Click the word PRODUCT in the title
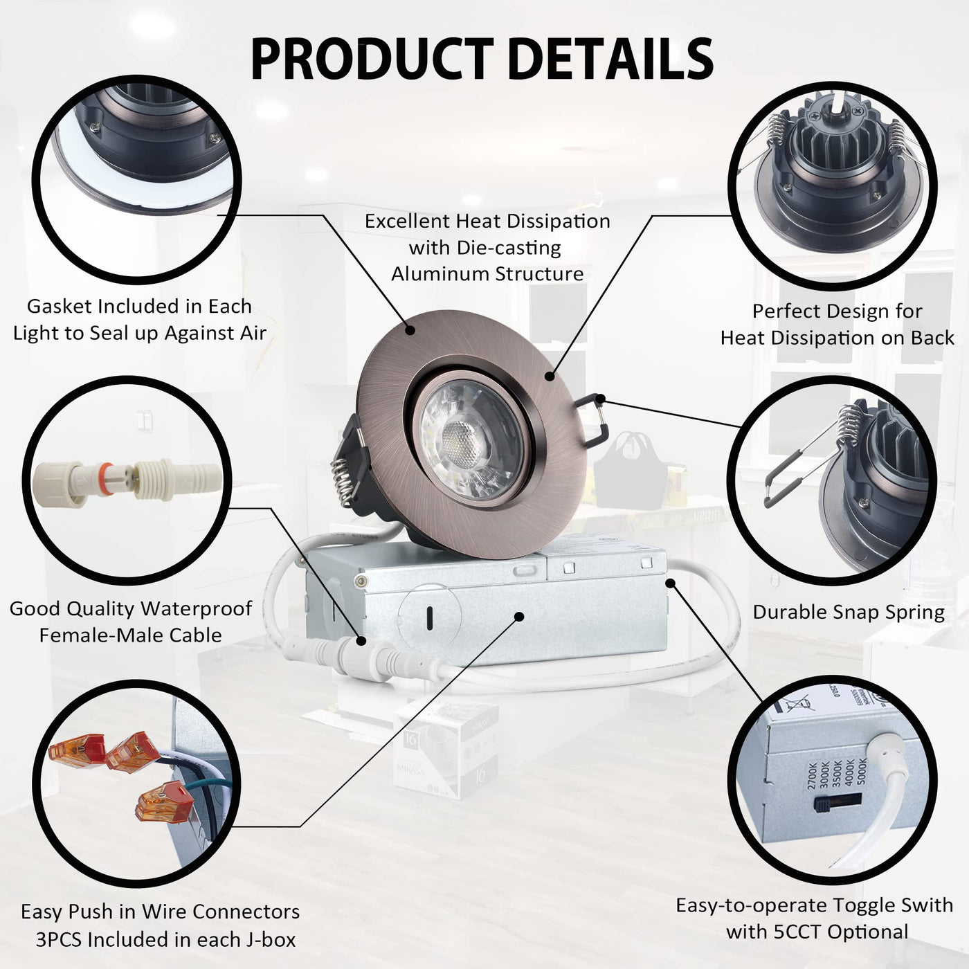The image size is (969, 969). click(x=372, y=60)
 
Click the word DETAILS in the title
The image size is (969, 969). click(x=610, y=60)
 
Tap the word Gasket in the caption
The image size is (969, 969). click(x=60, y=306)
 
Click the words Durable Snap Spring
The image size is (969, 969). click(x=849, y=612)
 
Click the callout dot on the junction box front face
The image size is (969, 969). click(x=519, y=617)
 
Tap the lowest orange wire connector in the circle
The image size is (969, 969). click(x=165, y=801)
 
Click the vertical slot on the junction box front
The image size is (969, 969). click(x=430, y=618)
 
